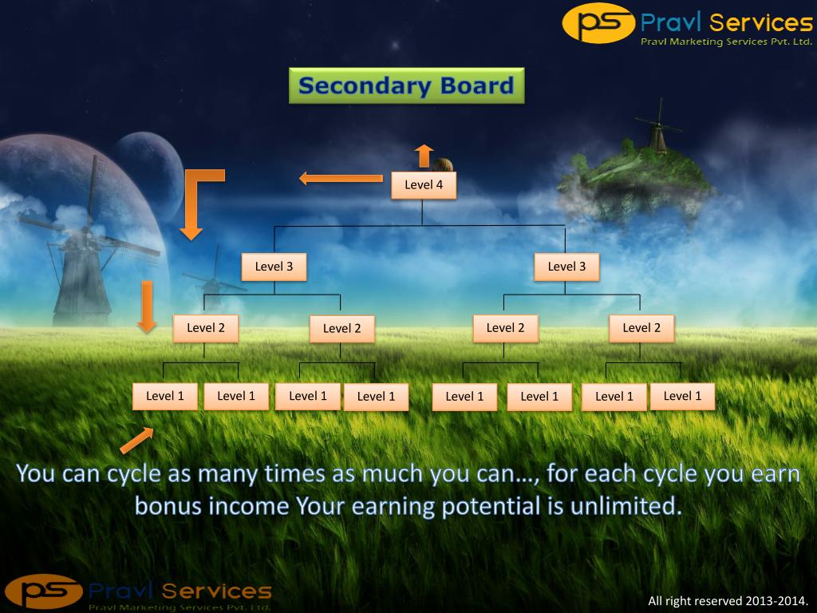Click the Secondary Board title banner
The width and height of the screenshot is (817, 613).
coord(406,85)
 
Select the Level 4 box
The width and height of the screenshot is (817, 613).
coord(424,185)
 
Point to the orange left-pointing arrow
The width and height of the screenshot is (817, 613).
coord(341,178)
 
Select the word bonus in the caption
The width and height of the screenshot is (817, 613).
coord(168,506)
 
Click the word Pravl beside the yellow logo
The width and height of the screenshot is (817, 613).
coord(671,22)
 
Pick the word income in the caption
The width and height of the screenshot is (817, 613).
coord(247,506)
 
